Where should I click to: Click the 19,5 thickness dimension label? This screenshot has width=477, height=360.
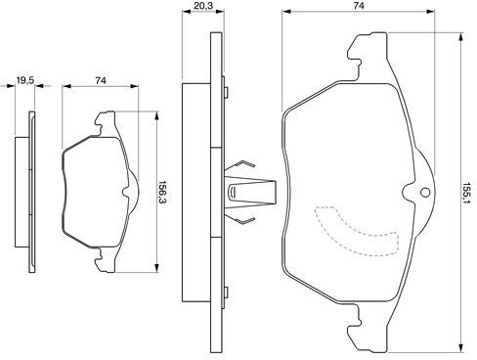(25, 80)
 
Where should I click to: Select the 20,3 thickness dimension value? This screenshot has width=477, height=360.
(203, 6)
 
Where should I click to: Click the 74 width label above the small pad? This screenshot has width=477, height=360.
(101, 80)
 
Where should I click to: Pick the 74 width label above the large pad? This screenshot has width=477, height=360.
(359, 6)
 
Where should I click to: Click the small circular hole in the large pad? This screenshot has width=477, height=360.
(425, 193)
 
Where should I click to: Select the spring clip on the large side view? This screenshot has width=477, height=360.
(250, 193)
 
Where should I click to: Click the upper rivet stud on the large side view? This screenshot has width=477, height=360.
(226, 92)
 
